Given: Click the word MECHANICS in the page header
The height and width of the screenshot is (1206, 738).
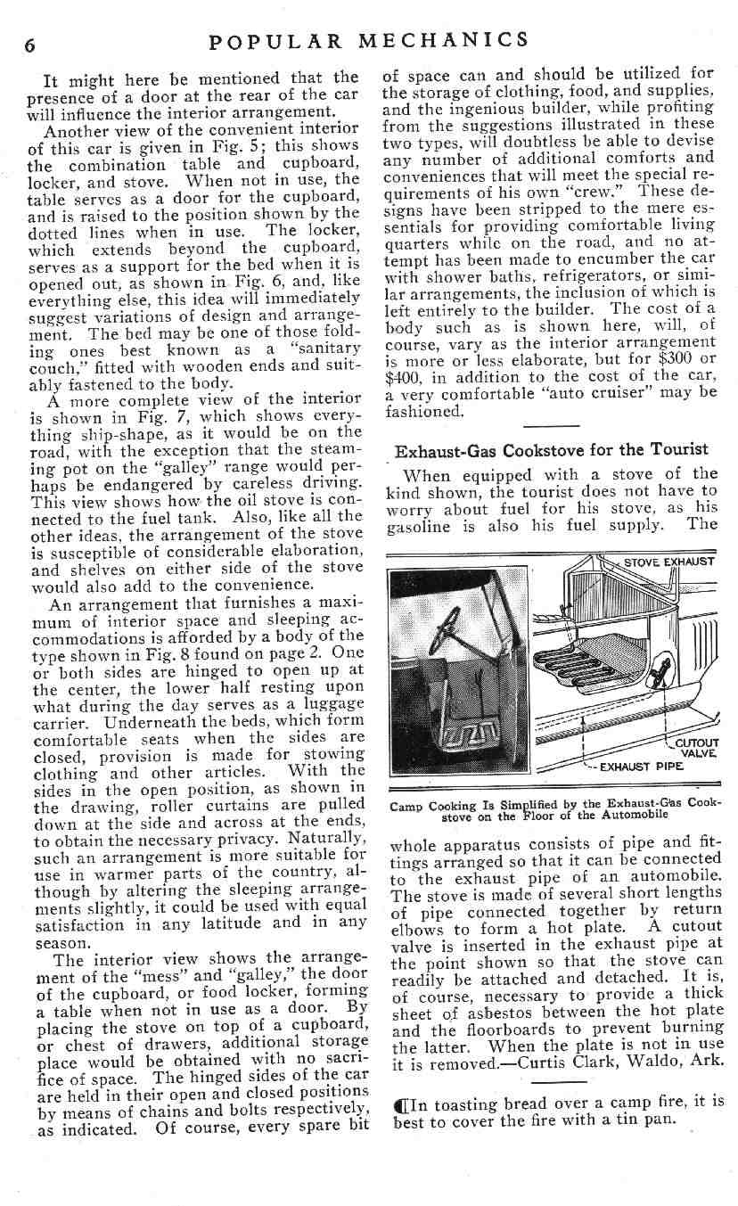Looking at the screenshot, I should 443,40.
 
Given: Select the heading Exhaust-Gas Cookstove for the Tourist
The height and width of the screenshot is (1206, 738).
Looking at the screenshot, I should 552,449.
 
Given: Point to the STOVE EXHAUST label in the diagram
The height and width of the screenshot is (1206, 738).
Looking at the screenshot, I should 668,562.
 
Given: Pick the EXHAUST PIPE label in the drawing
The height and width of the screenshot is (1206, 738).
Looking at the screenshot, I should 641,765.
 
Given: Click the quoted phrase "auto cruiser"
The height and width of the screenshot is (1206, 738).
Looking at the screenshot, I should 600,393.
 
